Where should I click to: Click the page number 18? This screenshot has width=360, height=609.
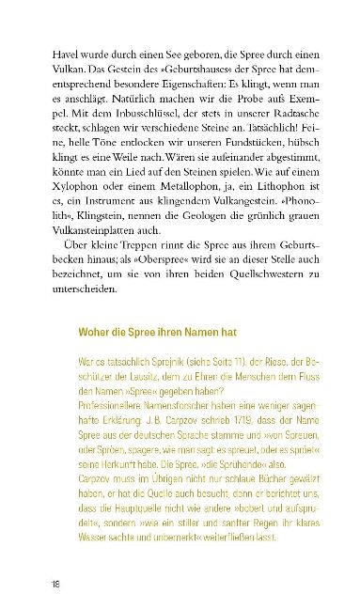click(x=56, y=583)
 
